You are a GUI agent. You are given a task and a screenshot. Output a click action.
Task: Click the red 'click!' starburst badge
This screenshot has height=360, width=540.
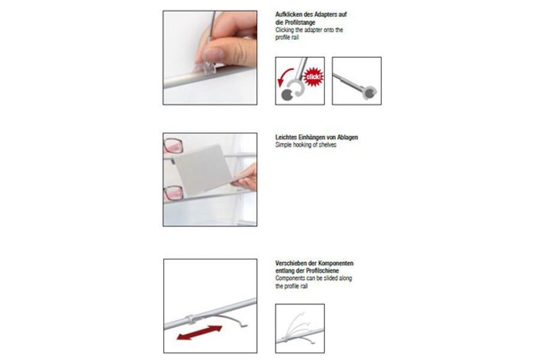pyautogui.click(x=313, y=77)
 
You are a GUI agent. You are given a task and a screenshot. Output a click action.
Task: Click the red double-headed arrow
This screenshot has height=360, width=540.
pyautogui.click(x=199, y=332)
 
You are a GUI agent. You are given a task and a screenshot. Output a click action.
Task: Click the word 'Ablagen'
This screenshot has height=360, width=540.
pyautogui.click(x=347, y=137)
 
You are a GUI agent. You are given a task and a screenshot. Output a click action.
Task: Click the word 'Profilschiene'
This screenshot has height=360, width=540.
pyautogui.click(x=322, y=271)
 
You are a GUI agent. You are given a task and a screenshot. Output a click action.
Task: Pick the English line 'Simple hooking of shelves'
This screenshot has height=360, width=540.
pyautogui.click(x=306, y=145)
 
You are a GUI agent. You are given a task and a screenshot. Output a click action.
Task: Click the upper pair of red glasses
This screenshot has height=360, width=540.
pyautogui.click(x=173, y=146)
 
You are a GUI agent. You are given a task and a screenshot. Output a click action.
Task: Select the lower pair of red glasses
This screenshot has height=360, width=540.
pyautogui.click(x=173, y=193)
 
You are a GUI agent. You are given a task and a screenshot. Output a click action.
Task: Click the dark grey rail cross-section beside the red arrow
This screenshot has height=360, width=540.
pyautogui.click(x=287, y=95)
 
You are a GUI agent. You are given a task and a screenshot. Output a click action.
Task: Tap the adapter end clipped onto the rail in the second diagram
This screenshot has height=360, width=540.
pyautogui.click(x=370, y=92)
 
